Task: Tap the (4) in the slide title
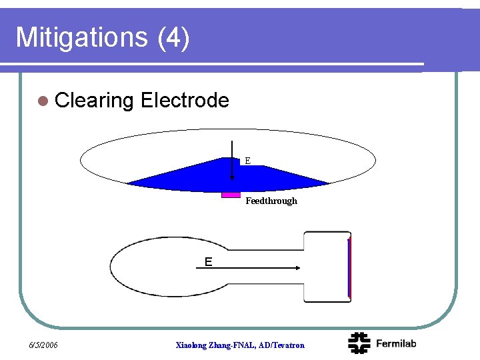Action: click(x=174, y=37)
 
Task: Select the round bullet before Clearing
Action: click(x=43, y=101)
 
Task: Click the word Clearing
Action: click(x=95, y=101)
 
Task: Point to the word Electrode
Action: click(x=185, y=101)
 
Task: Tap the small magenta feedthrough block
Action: click(x=231, y=194)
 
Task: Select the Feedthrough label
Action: click(x=271, y=201)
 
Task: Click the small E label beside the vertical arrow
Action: click(x=247, y=161)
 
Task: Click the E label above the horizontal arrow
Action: click(x=209, y=262)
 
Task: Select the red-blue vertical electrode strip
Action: click(x=349, y=268)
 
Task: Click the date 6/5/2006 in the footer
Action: click(x=43, y=345)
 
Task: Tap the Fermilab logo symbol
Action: click(x=360, y=343)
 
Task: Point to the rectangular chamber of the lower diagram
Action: click(x=326, y=267)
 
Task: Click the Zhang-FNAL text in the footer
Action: click(x=232, y=345)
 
